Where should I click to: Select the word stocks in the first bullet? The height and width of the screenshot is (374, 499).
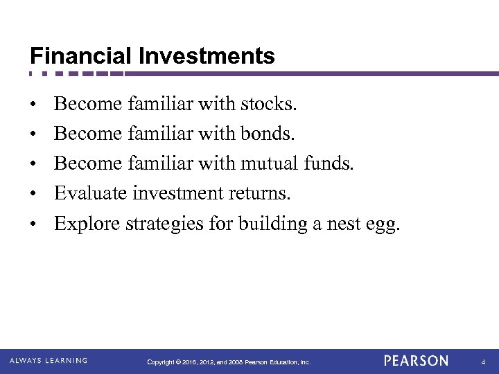pos(268,104)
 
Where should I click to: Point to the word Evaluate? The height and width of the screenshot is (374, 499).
pos(90,193)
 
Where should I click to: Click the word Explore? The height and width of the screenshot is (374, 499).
pos(87,224)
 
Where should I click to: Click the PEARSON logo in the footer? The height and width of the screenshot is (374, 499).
pos(416,361)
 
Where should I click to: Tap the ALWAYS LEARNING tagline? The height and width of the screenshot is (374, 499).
pos(49,360)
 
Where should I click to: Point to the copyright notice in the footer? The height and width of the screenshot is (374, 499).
pos(229,362)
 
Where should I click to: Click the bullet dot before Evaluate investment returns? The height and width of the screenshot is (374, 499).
pos(33,195)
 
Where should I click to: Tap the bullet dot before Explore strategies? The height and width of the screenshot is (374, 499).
pos(33,224)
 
